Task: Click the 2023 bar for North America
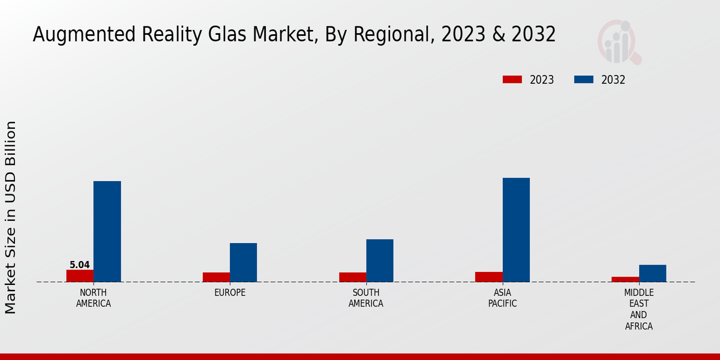coord(80,276)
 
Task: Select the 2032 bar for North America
coord(107,232)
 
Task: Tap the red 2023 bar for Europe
coord(216,277)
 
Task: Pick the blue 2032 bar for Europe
coord(244,262)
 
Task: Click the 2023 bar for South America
coord(352,277)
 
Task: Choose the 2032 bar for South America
coord(380,260)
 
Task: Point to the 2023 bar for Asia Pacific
coord(488,277)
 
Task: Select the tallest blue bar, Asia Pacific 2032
coord(516,230)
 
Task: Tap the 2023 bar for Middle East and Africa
coord(625,279)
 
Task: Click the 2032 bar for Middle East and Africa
coord(652,273)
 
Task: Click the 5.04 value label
coord(80,265)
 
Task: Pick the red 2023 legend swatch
coord(512,80)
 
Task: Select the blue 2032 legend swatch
coord(584,80)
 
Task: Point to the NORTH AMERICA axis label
coord(94,298)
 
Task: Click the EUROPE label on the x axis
coord(230,293)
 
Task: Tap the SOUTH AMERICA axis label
coord(366,298)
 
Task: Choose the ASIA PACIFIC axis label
coord(502,298)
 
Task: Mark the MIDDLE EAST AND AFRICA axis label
coord(638,310)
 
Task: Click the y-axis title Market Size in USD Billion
coord(11,217)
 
